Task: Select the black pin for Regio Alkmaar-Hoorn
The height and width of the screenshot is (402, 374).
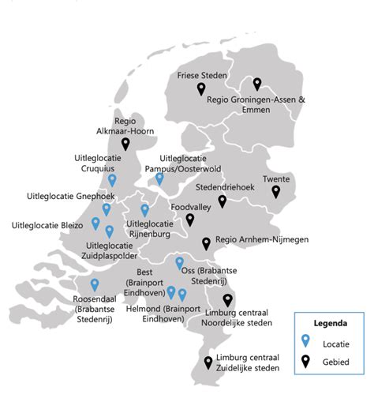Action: tap(125, 145)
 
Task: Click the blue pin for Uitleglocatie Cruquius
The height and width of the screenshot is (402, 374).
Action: tap(112, 181)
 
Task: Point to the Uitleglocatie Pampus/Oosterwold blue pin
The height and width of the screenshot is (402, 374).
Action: tap(159, 179)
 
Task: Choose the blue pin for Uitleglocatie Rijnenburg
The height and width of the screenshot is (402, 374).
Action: tap(144, 210)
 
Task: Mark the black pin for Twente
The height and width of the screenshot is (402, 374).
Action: tap(276, 191)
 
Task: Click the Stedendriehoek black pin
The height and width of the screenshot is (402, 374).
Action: tap(223, 201)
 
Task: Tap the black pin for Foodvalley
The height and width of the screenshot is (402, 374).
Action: tap(189, 220)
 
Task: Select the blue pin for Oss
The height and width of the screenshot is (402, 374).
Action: tap(179, 263)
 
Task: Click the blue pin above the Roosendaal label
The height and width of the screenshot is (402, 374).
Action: tap(95, 285)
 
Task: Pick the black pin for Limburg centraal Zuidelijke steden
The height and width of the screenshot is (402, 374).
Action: tap(208, 363)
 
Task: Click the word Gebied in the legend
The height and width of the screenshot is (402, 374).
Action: tap(338, 363)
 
